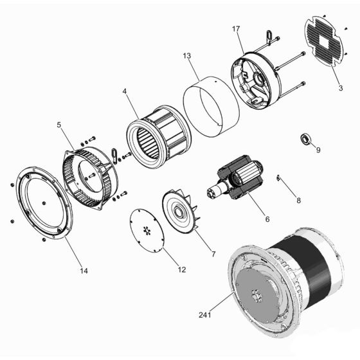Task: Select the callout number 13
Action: (x=187, y=57)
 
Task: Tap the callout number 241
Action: (x=205, y=315)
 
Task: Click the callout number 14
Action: (x=83, y=271)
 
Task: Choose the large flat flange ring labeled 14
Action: (x=42, y=203)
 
